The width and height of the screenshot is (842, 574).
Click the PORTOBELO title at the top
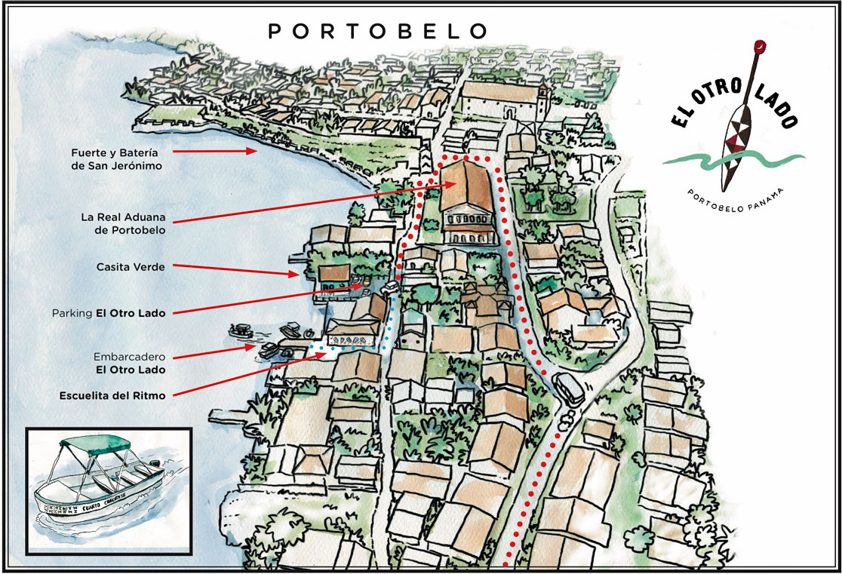coord(378,31)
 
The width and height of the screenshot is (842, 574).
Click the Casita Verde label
coord(131,266)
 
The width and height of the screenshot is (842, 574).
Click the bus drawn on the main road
coord(567,389)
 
